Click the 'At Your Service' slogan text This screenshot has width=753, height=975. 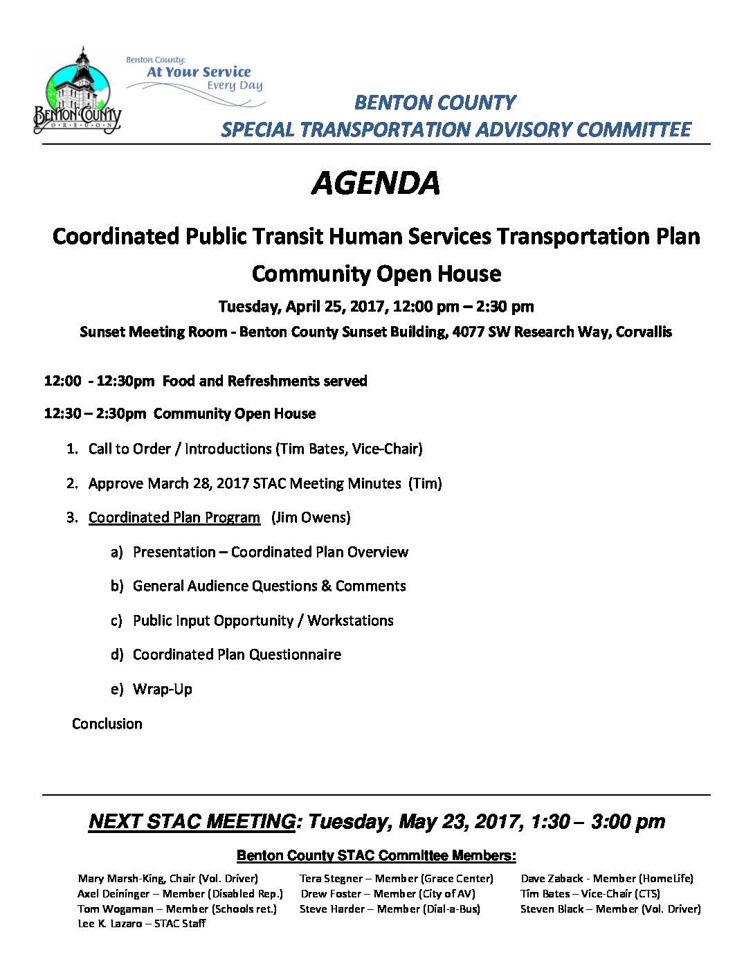[x=199, y=72]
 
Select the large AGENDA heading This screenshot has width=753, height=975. [x=376, y=184]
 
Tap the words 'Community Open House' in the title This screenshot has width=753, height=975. [x=376, y=274]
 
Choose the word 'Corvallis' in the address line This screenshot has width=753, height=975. [x=644, y=332]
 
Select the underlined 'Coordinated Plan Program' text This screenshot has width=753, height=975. [x=174, y=517]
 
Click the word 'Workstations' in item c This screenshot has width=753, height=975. [x=350, y=620]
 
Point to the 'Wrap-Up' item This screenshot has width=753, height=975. [x=163, y=689]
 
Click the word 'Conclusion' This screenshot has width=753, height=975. [x=107, y=724]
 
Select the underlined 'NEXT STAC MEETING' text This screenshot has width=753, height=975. [x=192, y=822]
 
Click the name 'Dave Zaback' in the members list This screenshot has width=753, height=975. [x=552, y=879]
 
